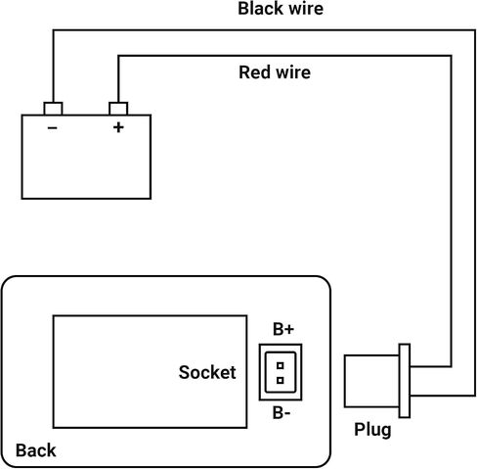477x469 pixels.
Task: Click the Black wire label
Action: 281,9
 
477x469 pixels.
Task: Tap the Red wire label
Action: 275,72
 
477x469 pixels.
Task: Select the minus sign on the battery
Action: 53,127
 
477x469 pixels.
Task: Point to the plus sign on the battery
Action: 118,127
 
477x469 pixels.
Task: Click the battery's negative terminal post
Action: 53,109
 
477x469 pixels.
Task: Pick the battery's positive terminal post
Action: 118,109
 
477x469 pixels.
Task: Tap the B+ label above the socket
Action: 283,329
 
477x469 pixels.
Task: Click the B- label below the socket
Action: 282,413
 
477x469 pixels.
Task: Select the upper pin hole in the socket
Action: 280,365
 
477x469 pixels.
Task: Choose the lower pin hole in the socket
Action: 280,380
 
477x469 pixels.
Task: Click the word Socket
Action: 207,372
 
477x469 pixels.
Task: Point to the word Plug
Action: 372,430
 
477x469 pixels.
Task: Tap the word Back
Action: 36,450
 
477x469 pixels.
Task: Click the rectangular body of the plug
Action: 371,381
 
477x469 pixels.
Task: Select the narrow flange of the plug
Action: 405,381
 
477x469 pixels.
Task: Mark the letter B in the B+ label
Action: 279,329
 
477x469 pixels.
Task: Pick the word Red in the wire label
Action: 254,72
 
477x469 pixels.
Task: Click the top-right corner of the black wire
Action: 475,30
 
